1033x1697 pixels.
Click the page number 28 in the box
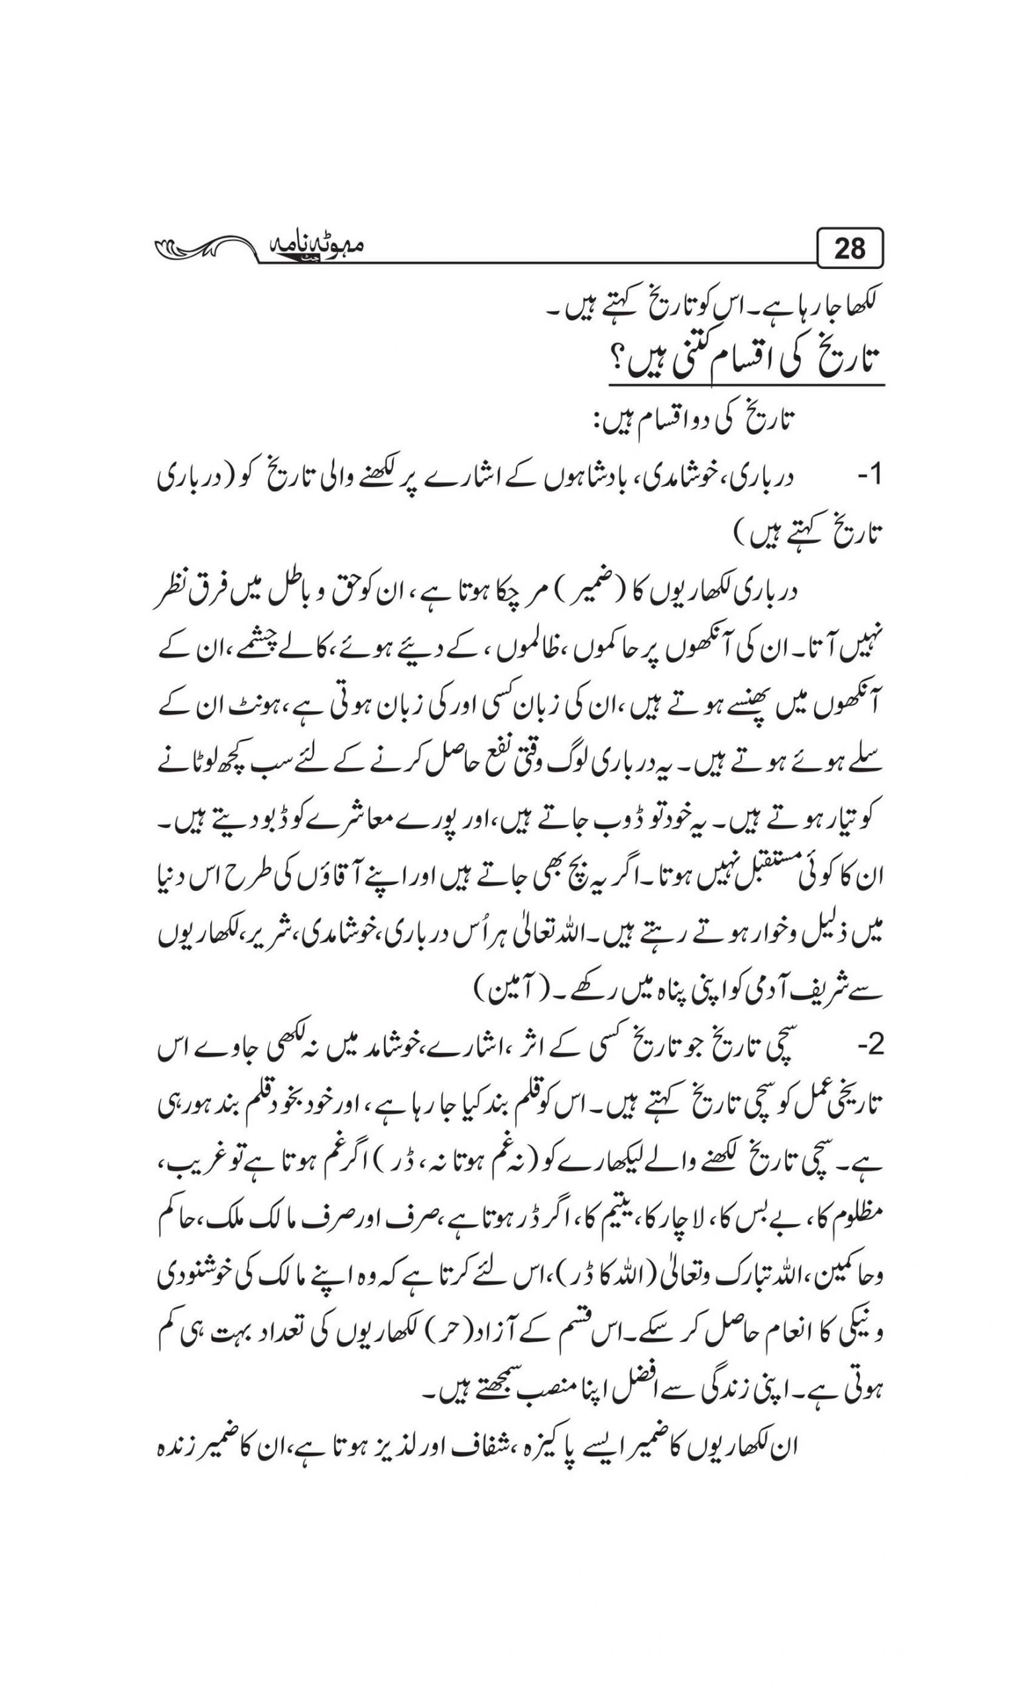coord(849,249)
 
